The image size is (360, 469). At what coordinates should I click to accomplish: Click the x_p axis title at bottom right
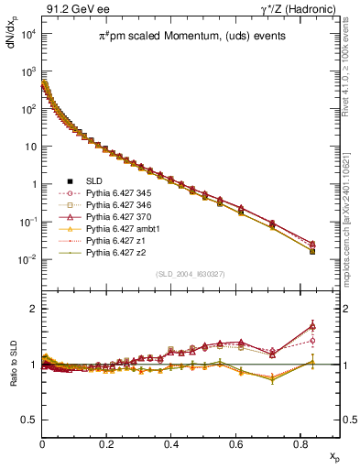(x=333, y=454)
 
